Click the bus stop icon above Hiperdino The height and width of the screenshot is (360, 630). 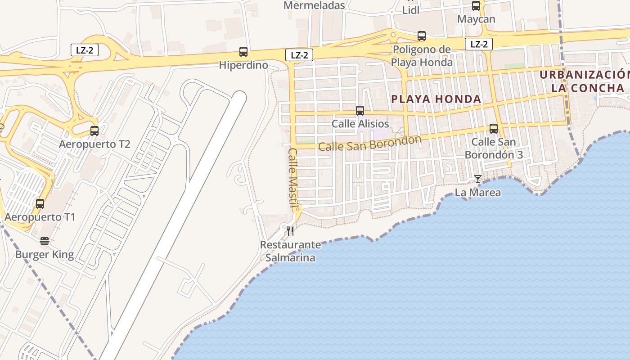[243, 51]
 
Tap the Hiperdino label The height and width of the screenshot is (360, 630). [243, 65]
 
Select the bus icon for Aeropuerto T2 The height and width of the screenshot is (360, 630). [94, 131]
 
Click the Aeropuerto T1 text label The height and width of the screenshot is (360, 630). [40, 217]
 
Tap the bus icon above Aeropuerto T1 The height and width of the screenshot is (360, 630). [40, 203]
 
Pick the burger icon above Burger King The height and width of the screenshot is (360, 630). [44, 241]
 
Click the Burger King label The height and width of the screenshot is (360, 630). [44, 255]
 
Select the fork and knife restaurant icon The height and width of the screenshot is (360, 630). [290, 231]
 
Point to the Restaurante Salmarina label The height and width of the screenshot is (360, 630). [290, 251]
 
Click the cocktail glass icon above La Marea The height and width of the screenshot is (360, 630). [477, 179]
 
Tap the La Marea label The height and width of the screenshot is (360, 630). [477, 193]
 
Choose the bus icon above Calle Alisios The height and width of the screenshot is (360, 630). [360, 110]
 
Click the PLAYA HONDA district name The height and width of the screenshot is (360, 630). [436, 99]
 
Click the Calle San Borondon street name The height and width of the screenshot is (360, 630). [370, 143]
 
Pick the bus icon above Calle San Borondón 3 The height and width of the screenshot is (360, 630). [494, 129]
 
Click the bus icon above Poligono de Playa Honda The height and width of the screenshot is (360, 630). [422, 36]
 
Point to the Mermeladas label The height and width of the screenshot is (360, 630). [314, 5]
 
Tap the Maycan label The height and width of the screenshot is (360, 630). [476, 19]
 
